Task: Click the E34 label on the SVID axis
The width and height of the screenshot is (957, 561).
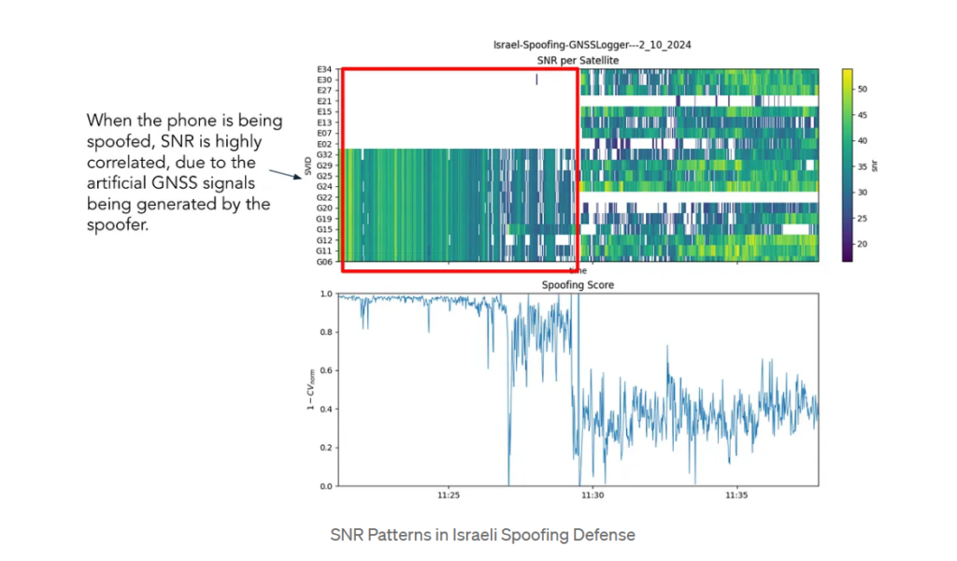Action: click(324, 70)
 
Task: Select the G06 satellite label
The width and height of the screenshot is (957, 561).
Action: click(324, 262)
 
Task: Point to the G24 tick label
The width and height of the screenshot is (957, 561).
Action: click(324, 186)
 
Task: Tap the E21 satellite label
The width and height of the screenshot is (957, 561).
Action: click(324, 101)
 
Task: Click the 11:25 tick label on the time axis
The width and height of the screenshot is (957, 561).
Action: click(449, 496)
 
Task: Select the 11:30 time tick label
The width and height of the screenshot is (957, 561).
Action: click(593, 496)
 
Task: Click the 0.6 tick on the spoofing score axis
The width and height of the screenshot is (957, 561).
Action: click(325, 370)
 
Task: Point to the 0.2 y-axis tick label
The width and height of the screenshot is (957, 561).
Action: click(325, 448)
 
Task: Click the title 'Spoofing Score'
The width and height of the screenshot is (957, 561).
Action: click(578, 284)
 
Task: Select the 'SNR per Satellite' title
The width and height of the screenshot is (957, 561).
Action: click(578, 60)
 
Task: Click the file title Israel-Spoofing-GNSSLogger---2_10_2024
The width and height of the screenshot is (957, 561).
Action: click(592, 45)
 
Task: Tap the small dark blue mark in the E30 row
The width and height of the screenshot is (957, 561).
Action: click(536, 79)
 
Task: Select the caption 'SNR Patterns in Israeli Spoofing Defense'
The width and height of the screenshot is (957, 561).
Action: click(483, 536)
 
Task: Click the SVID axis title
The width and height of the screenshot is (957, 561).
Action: click(307, 166)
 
